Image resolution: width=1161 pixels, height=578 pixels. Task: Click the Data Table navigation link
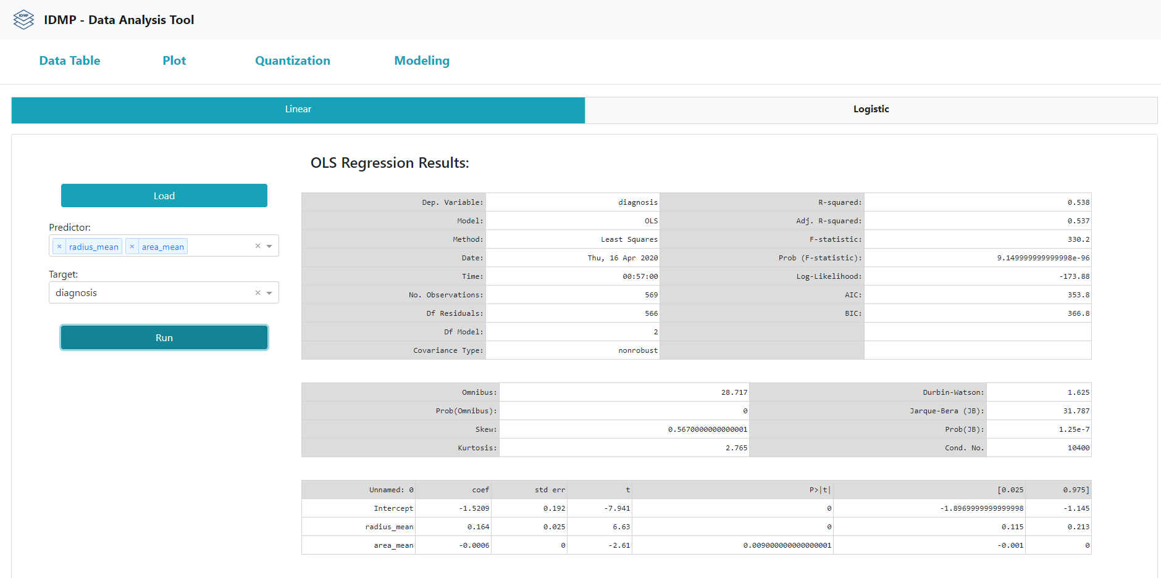coord(70,60)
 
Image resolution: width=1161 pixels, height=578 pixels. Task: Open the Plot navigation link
coord(174,60)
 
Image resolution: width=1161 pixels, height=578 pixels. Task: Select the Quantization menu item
coord(293,60)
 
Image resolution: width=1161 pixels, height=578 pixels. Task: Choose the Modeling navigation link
coord(422,60)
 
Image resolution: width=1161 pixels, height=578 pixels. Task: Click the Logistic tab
coord(871,109)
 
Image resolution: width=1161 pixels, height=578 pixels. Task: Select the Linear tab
coord(298,109)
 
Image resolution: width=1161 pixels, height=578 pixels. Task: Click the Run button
coord(164,337)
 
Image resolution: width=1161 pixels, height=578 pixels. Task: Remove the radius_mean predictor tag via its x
coord(59,247)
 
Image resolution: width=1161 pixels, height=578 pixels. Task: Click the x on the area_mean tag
coord(132,247)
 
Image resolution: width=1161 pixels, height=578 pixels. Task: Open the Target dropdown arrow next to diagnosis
coord(269,293)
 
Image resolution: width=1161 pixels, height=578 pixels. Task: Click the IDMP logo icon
coord(23,20)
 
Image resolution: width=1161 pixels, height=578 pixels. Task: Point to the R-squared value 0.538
coord(1078,202)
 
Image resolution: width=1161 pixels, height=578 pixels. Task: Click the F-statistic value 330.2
coord(1078,239)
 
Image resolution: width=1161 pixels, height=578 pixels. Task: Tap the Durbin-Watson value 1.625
coord(1078,392)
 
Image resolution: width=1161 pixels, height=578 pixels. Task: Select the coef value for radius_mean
coord(478,527)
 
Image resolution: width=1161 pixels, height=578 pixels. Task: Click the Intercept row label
coord(393,508)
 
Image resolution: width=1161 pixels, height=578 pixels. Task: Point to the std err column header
coord(550,490)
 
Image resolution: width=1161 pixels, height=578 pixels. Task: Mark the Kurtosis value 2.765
coord(736,448)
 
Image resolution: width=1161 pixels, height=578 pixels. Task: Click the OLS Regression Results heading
coord(390,163)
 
